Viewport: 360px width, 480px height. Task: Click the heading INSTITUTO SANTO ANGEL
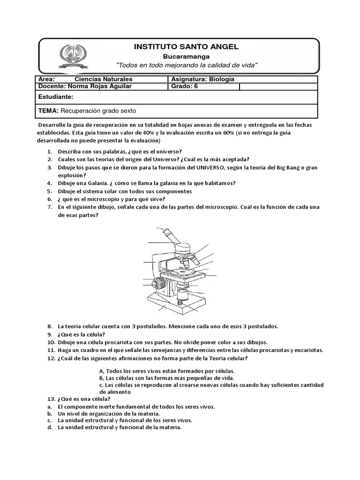point(186,46)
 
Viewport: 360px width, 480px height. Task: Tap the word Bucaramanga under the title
point(187,56)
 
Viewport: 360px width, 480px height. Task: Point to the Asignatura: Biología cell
point(202,79)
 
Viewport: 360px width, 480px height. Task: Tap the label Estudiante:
point(56,97)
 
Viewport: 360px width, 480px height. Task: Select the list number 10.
point(51,342)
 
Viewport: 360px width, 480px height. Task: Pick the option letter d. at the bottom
point(49,427)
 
